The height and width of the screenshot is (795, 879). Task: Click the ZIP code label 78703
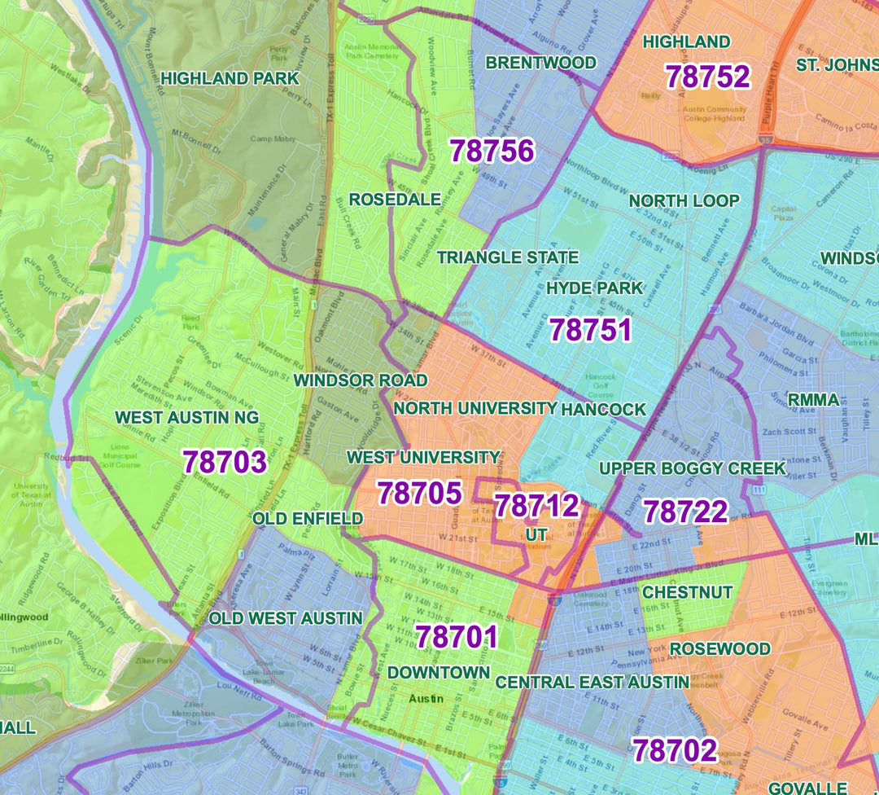[225, 462]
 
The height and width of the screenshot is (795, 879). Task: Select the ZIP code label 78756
[492, 151]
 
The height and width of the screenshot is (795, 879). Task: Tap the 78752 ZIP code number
[707, 77]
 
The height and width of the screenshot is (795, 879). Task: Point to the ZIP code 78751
[591, 330]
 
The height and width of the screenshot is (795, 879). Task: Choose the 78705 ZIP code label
[419, 493]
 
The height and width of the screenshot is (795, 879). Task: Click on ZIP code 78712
[537, 506]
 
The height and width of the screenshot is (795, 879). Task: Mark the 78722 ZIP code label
[685, 512]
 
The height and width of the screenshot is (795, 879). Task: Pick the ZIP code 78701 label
[456, 637]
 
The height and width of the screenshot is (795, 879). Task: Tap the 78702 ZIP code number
[675, 750]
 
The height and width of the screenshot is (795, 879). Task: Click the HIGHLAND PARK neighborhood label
[230, 78]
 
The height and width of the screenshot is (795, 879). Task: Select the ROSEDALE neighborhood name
[395, 200]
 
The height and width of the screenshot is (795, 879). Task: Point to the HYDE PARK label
[594, 288]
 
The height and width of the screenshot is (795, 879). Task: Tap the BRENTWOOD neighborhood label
[540, 63]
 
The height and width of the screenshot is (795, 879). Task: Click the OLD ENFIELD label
[308, 519]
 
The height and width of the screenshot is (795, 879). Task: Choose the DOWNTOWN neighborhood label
[439, 673]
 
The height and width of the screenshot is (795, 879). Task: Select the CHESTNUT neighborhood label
[688, 592]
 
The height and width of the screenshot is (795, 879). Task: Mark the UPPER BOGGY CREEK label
[693, 468]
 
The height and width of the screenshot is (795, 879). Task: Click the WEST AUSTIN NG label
[187, 417]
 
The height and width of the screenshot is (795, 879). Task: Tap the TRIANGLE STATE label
[508, 257]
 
